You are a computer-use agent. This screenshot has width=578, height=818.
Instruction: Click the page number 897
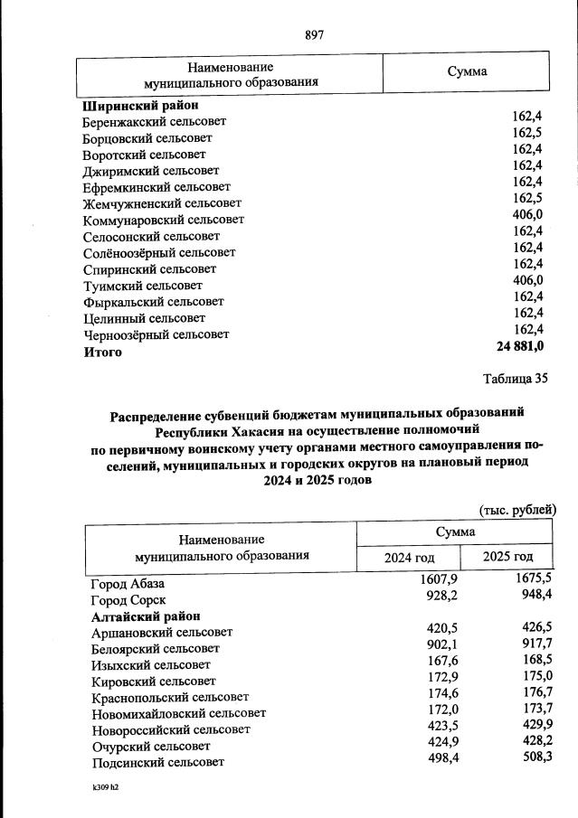click(314, 35)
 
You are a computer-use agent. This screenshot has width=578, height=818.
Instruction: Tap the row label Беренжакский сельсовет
click(154, 121)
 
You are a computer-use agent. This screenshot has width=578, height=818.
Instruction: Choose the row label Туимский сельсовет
click(142, 285)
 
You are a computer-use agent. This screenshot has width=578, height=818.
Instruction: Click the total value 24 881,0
click(519, 346)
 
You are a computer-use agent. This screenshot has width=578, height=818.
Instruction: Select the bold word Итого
click(102, 352)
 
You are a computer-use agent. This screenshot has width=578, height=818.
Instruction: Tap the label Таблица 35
click(516, 379)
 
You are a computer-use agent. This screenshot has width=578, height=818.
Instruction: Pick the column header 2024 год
click(412, 558)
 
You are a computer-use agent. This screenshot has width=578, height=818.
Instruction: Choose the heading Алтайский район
click(146, 616)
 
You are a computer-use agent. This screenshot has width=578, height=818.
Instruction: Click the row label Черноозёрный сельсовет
click(156, 334)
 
